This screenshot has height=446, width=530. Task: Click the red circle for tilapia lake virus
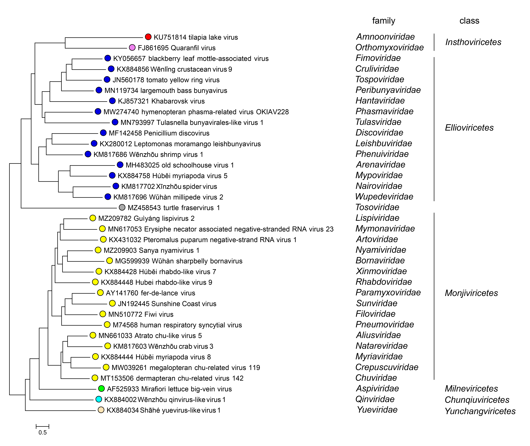[x=148, y=37]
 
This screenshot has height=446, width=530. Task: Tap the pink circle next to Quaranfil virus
[x=132, y=48]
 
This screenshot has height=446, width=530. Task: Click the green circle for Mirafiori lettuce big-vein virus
[x=101, y=389]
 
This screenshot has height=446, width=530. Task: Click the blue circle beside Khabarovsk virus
[x=112, y=101]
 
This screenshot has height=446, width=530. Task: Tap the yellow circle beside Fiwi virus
[x=102, y=314]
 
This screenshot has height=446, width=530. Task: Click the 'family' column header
[x=384, y=21]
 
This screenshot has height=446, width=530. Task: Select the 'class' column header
[x=469, y=21]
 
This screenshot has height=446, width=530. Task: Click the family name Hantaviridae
[x=380, y=101]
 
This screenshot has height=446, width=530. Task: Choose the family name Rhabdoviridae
[x=384, y=282]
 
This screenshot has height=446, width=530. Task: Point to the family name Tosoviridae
[x=377, y=207]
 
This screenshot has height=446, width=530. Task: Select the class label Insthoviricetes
[x=473, y=42]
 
